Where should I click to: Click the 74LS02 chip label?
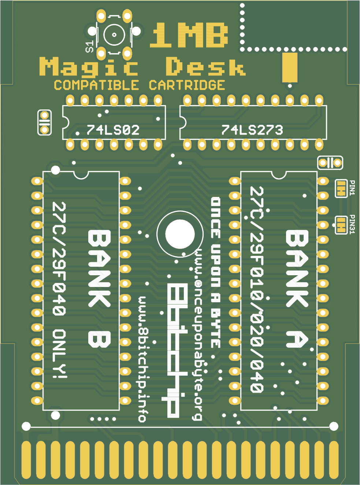pos(113,130)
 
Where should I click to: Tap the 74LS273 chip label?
pos(252,130)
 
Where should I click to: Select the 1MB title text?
pos(189,36)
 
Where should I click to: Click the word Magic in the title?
pos(89,67)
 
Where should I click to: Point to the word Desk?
pos(205,67)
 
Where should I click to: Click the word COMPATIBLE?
pos(96,85)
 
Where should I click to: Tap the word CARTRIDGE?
pos(187,85)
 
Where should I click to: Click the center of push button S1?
pos(114,35)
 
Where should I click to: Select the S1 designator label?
pos(89,47)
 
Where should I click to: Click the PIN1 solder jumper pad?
pos(341,189)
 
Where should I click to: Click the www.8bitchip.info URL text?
pos(143,359)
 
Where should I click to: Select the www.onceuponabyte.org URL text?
pos(198,335)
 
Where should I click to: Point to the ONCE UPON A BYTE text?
pos(216,273)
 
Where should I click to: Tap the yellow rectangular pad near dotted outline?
pos(290,67)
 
